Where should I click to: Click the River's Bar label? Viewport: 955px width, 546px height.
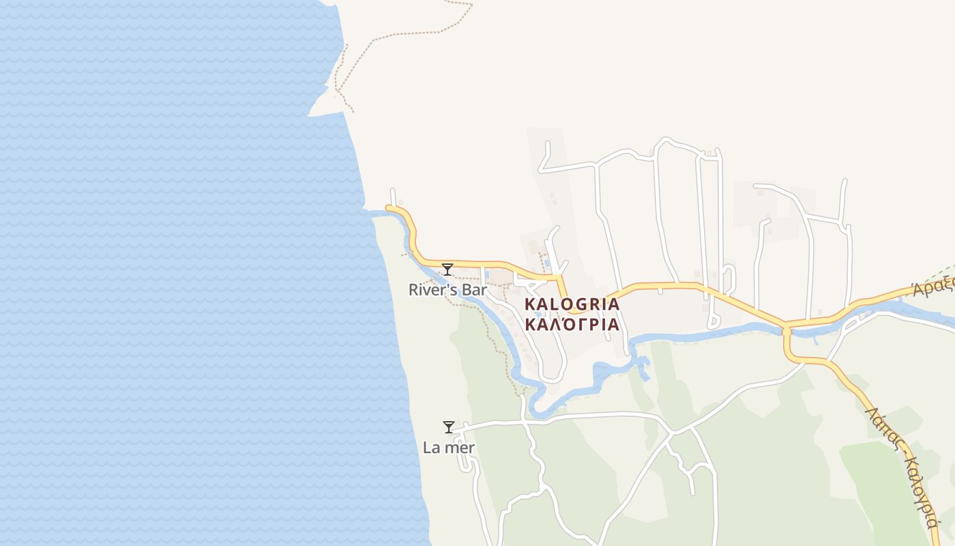click(447, 290)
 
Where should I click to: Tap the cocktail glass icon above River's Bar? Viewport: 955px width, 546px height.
click(447, 270)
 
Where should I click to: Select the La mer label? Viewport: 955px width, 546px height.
click(449, 448)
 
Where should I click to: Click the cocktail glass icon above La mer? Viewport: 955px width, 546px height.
click(449, 427)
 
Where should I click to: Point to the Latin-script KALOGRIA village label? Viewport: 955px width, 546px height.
click(572, 304)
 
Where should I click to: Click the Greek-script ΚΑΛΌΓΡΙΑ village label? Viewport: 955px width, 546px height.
click(572, 324)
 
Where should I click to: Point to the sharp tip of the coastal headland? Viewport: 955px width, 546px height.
click(310, 115)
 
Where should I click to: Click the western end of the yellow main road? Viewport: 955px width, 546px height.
click(388, 207)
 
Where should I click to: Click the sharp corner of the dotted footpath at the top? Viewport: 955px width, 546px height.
click(471, 5)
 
